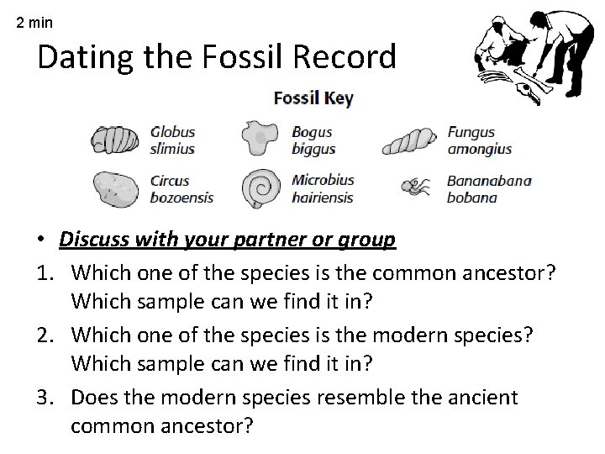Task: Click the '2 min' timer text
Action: pos(34,23)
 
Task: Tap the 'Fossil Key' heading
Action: pos(313,98)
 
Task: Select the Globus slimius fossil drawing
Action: pos(114,140)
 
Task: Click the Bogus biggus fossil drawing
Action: pos(260,139)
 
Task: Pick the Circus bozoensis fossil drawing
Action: pos(116,189)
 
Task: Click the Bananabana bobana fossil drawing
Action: pos(416,187)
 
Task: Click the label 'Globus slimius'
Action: pos(173,140)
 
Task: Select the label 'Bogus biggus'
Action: pos(313,140)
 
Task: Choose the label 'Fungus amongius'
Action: pos(479,140)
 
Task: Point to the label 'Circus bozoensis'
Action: pos(181,188)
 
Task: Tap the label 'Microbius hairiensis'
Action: pos(323,188)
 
